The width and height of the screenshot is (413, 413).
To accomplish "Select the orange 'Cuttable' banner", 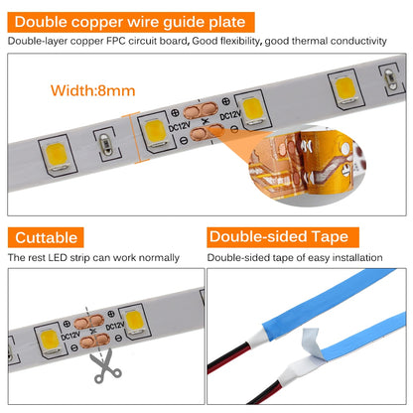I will pyautogui.click(x=46, y=237).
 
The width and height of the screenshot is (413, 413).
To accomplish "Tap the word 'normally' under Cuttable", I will pyautogui.click(x=159, y=258).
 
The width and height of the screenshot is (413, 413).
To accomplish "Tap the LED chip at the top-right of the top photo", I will pyautogui.click(x=346, y=87).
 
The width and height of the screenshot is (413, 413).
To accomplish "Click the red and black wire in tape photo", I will pyautogui.click(x=248, y=387).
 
